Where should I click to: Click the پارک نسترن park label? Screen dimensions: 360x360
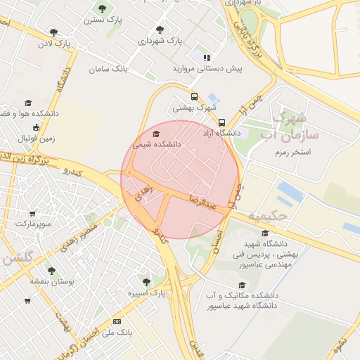pos(102,20)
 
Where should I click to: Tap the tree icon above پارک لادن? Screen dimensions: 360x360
pos(53,32)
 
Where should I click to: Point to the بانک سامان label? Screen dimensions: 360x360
pos(108,70)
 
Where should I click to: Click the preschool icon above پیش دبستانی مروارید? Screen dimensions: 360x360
pos(206,58)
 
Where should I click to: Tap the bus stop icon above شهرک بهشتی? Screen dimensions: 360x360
pos(194,97)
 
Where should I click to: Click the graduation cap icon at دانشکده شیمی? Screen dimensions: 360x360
pos(155,134)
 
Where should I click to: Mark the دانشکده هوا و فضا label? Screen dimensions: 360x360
pos(34,113)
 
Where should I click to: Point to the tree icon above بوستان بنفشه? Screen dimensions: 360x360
pos(51,270)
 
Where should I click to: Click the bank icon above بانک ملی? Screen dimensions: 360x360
pos(117,321)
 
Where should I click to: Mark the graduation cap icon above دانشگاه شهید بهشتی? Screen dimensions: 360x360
pos(265,233)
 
